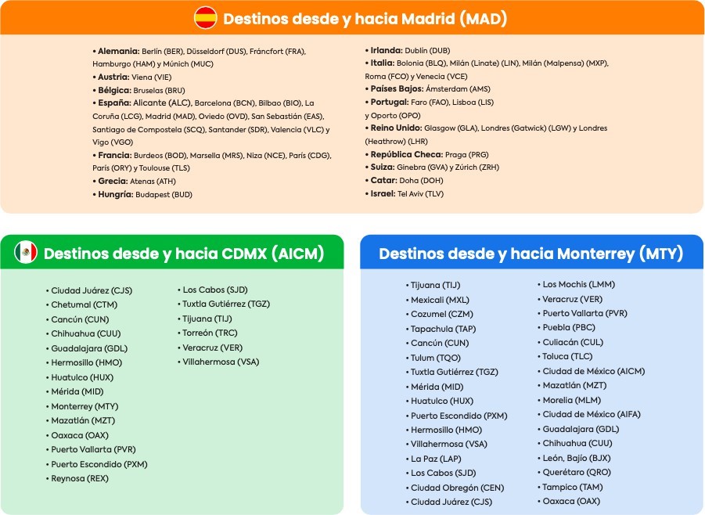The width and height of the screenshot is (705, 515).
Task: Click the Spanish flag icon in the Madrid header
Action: pos(206,17)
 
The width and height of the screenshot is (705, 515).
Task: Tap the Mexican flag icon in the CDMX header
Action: pos(26,253)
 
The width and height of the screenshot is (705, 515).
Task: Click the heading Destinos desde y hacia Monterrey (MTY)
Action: pos(531,254)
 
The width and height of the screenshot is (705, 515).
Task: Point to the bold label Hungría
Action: pos(114,194)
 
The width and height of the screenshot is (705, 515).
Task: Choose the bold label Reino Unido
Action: pos(397,128)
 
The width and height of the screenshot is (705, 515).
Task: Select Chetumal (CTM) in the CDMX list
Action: pos(85,304)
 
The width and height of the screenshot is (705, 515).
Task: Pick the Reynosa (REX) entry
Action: pos(80,478)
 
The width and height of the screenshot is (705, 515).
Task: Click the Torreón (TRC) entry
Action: pos(210,333)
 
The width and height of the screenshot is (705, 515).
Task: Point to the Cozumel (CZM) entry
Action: pos(443,314)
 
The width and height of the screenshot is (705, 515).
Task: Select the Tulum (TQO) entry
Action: pos(436,358)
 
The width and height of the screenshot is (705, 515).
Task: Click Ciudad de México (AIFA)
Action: pos(593,414)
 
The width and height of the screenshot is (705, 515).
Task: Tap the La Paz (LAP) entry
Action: pos(436,458)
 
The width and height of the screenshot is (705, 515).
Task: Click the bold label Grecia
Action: pos(113,181)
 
